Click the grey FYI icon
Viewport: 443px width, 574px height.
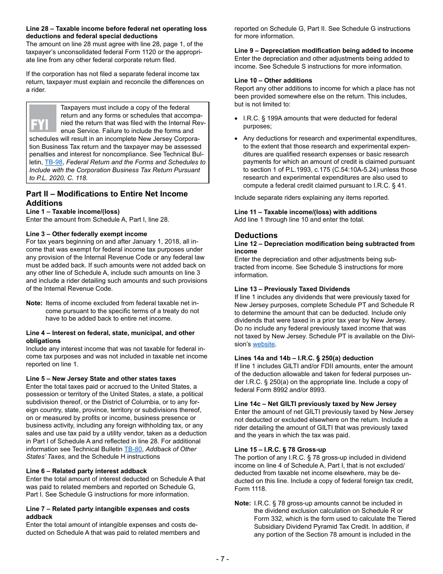point(43,118)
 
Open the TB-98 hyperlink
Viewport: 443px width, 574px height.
point(53,162)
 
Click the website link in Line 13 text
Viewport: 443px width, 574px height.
point(264,344)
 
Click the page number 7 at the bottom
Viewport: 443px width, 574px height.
point(222,559)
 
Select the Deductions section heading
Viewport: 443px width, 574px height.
point(256,236)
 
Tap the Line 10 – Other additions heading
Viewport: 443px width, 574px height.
point(273,81)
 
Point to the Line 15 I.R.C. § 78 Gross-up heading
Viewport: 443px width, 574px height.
point(280,450)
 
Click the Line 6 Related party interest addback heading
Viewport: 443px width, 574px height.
point(86,471)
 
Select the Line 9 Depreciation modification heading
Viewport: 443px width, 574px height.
point(324,51)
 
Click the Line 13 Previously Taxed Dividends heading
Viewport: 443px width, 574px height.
point(292,289)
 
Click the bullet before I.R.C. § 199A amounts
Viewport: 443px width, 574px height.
point(237,119)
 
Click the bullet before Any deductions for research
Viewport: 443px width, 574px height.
point(237,139)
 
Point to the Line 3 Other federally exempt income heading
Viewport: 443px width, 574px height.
point(86,234)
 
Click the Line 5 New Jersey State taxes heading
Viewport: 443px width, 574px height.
point(101,379)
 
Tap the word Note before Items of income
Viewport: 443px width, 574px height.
point(34,303)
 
